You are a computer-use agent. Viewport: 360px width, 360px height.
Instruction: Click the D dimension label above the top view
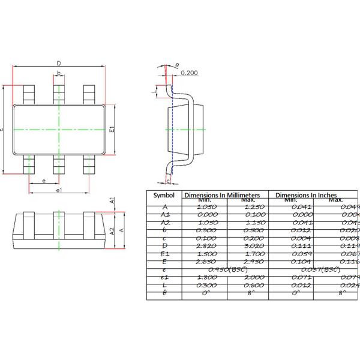(x=58, y=63)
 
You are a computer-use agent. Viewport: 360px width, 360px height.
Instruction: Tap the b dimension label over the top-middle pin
(x=58, y=74)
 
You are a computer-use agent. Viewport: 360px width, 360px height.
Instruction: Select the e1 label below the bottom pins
(x=59, y=190)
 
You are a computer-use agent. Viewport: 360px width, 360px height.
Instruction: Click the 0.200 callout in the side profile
(x=189, y=73)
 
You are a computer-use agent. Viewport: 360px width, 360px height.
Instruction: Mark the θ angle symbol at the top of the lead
(x=177, y=65)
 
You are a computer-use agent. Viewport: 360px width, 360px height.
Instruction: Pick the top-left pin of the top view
(x=29, y=94)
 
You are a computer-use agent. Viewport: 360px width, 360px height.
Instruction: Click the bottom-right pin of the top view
(x=89, y=163)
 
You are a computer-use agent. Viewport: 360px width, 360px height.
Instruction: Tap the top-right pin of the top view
(x=89, y=94)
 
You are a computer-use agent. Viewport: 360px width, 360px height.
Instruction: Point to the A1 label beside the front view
(x=112, y=201)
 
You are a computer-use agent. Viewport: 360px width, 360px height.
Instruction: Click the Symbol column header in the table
(x=164, y=196)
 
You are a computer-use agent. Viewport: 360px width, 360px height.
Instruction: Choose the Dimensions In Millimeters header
(x=221, y=196)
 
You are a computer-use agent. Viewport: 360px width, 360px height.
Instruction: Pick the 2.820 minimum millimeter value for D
(x=207, y=246)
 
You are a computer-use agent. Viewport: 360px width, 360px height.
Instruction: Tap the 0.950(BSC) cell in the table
(x=227, y=269)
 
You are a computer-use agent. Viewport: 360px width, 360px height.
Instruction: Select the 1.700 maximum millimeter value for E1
(x=247, y=254)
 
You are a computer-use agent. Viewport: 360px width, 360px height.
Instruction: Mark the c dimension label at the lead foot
(x=168, y=180)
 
